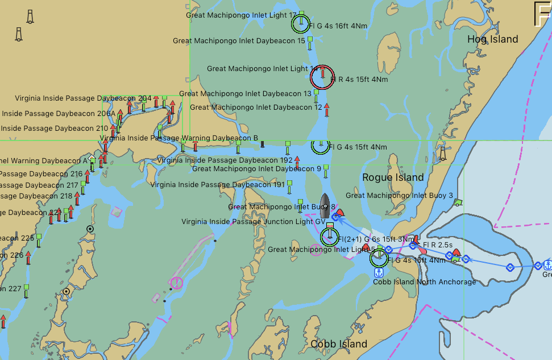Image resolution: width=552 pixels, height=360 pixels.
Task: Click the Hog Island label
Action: pyautogui.click(x=492, y=39)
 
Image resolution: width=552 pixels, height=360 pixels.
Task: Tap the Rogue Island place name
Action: pyautogui.click(x=393, y=177)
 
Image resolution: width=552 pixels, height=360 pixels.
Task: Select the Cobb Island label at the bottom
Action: pyautogui.click(x=339, y=344)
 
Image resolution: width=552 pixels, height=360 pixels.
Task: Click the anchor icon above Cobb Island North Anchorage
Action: pyautogui.click(x=379, y=272)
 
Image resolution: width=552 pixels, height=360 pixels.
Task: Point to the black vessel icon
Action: pyautogui.click(x=325, y=205)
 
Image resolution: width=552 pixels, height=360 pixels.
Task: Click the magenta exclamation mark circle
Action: pyautogui.click(x=177, y=283)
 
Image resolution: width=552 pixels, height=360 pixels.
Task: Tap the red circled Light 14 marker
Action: pyautogui.click(x=322, y=77)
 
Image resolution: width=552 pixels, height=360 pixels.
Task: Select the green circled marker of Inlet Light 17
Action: pyautogui.click(x=301, y=23)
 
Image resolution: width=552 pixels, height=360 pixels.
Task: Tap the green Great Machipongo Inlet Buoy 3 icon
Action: pyautogui.click(x=458, y=202)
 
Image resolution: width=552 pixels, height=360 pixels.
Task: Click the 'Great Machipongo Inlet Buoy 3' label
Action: pyautogui.click(x=399, y=196)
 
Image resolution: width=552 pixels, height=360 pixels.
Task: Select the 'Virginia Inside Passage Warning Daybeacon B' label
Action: pyautogui.click(x=179, y=138)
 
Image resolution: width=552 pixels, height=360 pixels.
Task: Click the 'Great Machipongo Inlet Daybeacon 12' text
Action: pyautogui.click(x=256, y=107)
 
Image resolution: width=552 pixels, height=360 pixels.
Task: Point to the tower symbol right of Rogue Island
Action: pyautogui.click(x=442, y=154)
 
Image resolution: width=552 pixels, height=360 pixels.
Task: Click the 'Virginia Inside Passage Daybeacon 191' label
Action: pyautogui.click(x=217, y=184)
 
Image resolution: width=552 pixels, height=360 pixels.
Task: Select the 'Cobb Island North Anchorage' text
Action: pyautogui.click(x=424, y=282)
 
